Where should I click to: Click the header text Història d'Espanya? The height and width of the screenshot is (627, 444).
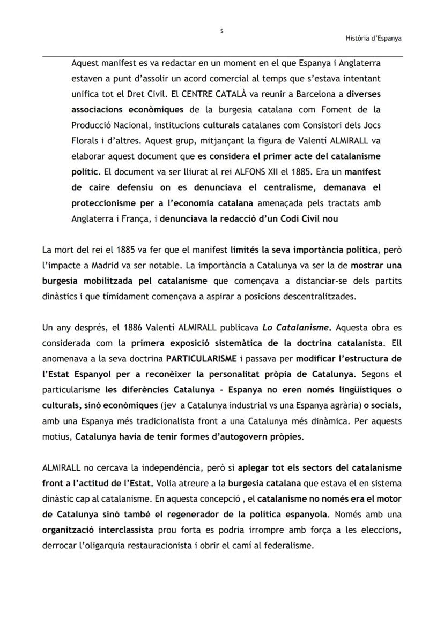coord(374,38)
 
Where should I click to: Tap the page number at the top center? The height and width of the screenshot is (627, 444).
coord(222,31)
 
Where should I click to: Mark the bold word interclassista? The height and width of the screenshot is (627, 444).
coord(118,529)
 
